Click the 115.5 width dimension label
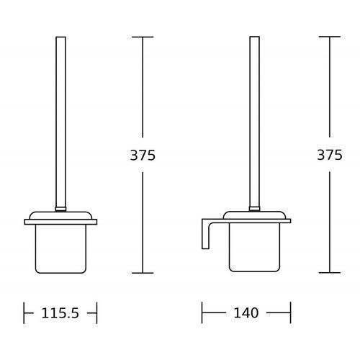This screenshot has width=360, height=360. pos(60,313)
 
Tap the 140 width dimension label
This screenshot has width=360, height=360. pos(246,313)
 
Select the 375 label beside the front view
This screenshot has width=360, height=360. pos(143,155)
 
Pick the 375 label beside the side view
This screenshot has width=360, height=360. pos(330,155)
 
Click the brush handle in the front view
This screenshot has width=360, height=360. pos(60,124)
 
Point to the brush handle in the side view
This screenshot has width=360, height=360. pos(254,124)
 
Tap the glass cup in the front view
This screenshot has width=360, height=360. pos(60,249)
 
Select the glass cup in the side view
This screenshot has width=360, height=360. pos(254,248)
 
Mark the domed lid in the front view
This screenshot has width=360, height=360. pos(60,215)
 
